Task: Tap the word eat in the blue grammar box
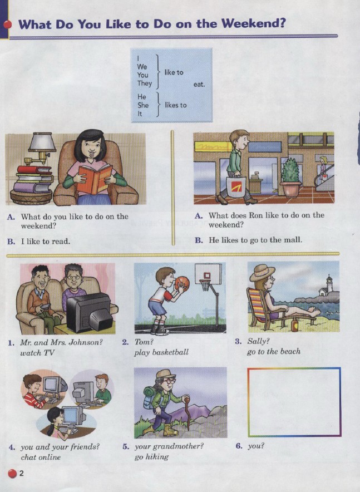click(199, 84)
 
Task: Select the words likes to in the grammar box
click(176, 105)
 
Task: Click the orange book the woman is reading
click(94, 179)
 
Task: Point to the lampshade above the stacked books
click(42, 141)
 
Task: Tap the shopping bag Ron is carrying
click(236, 186)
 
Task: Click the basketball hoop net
click(204, 285)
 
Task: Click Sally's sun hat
click(262, 272)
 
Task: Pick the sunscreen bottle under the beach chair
click(294, 324)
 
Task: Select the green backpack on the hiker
click(150, 397)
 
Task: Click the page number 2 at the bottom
click(21, 473)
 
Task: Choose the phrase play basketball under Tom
click(161, 352)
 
